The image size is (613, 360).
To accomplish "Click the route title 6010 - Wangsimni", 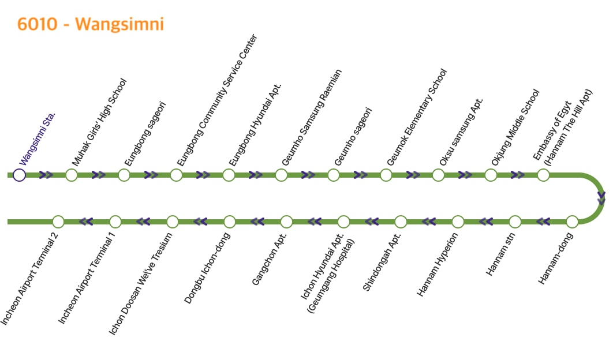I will click(91, 24).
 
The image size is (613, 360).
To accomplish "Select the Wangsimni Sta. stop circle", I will click(20, 175).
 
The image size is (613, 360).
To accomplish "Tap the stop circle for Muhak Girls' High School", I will click(72, 175).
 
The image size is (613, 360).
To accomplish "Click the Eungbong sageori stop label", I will click(145, 134).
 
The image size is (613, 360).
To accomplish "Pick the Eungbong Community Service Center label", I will click(217, 100).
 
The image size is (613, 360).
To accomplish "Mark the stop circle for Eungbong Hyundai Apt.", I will click(229, 175).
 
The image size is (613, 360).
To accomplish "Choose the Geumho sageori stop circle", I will click(334, 175).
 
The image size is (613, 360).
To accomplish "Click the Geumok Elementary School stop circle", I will click(386, 175).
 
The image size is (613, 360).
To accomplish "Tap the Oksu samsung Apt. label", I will click(461, 132).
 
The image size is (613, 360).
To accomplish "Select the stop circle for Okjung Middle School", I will click(491, 175).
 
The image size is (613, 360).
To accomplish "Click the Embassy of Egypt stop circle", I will click(543, 175).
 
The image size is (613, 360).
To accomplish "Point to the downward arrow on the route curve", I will click(601, 199).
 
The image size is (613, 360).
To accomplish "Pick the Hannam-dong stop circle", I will click(572, 222).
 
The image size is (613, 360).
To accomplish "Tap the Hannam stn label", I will click(500, 254).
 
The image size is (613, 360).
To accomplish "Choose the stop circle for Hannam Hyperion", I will click(458, 222).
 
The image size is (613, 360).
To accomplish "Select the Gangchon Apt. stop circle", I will click(286, 222).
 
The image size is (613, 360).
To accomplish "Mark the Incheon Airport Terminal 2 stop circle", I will click(58, 222).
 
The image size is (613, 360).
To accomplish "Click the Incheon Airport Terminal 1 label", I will click(87, 277).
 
